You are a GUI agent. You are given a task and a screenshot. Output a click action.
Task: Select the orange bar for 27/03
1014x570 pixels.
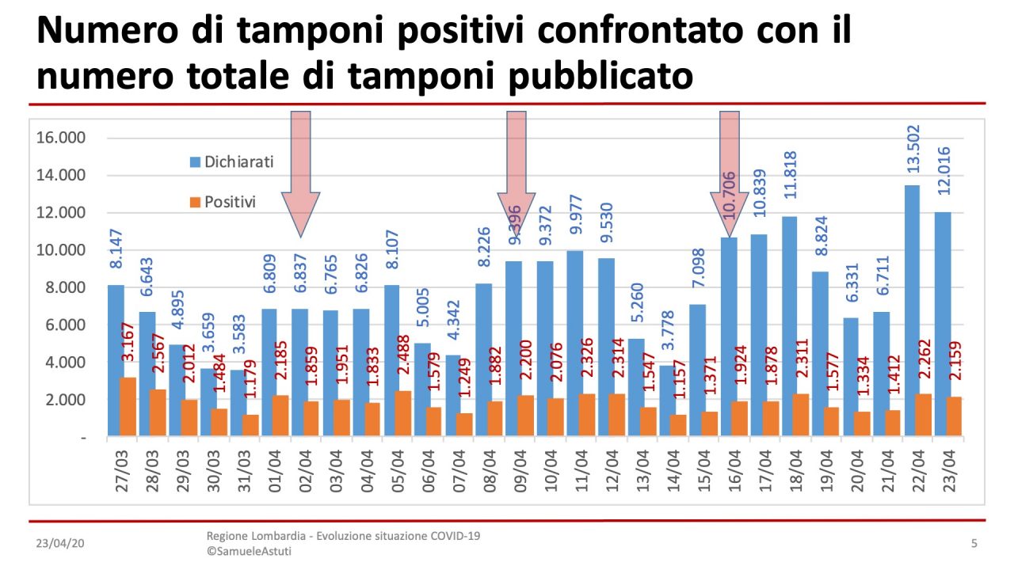pyautogui.click(x=127, y=406)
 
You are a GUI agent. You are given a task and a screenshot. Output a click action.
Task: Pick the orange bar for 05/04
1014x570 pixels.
pyautogui.click(x=402, y=412)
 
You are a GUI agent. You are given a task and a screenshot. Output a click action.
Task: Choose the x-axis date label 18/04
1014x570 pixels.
pyautogui.click(x=795, y=472)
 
